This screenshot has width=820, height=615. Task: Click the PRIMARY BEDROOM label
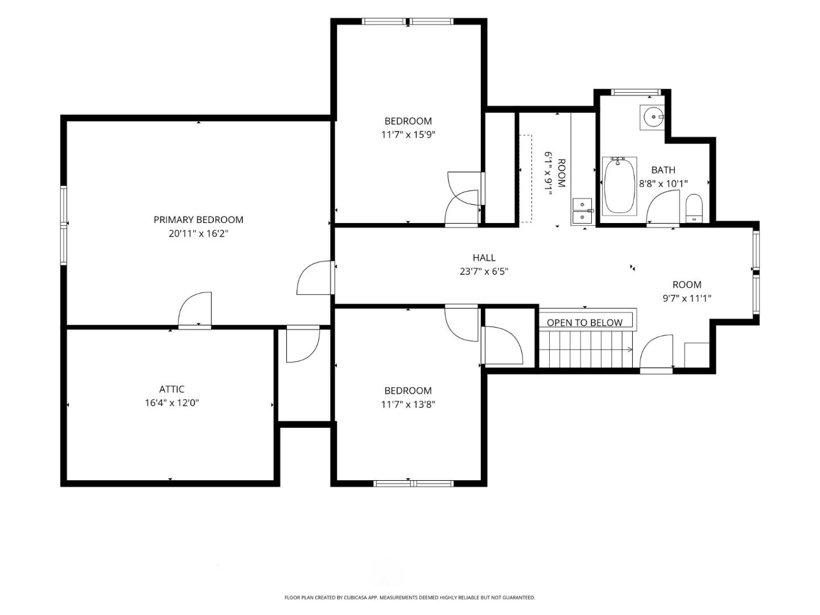point(199,220)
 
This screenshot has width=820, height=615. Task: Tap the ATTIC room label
point(172,389)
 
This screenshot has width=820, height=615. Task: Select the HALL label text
point(484,258)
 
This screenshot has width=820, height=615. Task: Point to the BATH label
point(663,170)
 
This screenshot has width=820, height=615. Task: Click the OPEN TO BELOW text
point(584,323)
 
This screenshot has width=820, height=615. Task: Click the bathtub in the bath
point(619,186)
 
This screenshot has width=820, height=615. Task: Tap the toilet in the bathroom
point(694,208)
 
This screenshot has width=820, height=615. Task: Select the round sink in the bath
point(653,117)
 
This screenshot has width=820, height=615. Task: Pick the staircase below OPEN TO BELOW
point(586,349)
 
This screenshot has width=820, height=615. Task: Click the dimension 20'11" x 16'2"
point(199,234)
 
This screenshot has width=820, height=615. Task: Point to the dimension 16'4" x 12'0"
point(172,403)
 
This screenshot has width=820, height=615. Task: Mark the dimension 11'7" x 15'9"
point(409,134)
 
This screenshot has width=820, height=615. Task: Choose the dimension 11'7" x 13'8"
point(409,405)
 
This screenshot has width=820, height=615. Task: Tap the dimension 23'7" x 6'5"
point(484,271)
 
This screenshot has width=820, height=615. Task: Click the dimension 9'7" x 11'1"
point(687,298)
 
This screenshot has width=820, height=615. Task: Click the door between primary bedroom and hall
point(315,278)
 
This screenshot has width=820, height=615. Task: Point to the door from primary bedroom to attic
point(195,310)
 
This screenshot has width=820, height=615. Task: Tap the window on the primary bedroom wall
point(64,225)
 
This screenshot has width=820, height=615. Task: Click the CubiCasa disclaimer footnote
point(410,598)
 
